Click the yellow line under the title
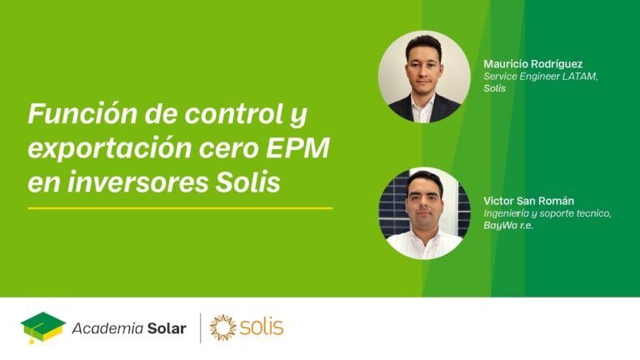click(x=180, y=207)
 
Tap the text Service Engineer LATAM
click(x=541, y=76)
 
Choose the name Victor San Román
click(x=528, y=201)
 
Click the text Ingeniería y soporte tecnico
click(x=547, y=213)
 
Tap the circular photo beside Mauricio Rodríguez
click(x=424, y=77)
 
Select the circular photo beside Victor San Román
click(x=424, y=213)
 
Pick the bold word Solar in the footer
click(x=165, y=328)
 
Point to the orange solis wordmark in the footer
click(x=262, y=327)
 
